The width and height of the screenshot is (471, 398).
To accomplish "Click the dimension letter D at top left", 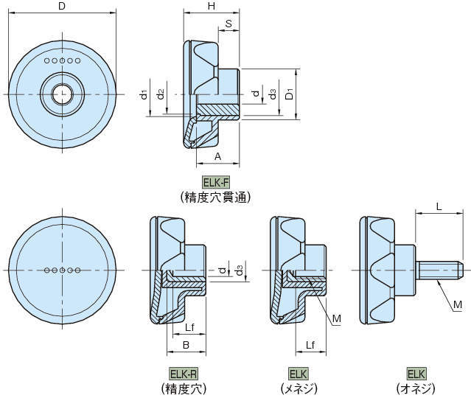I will pyautogui.click(x=62, y=7).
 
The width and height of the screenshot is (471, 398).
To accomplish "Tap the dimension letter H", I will pyautogui.click(x=211, y=7).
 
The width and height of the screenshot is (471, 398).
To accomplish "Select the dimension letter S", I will pyautogui.click(x=230, y=24).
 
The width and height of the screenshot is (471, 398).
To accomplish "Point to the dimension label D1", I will pyautogui.click(x=290, y=95).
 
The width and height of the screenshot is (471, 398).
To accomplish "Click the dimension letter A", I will pyautogui.click(x=217, y=156).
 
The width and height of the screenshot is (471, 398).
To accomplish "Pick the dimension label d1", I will pyautogui.click(x=144, y=95).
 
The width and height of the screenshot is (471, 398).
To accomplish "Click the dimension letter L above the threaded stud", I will pyautogui.click(x=439, y=208).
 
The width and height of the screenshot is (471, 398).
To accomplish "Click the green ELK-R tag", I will pyautogui.click(x=183, y=373).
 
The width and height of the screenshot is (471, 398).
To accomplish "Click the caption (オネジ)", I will pyautogui.click(x=416, y=388).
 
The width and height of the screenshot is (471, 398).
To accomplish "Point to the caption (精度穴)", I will pyautogui.click(x=183, y=388).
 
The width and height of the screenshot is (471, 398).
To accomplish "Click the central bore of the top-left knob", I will pyautogui.click(x=62, y=94).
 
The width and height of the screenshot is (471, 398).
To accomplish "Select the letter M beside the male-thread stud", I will pyautogui.click(x=457, y=304).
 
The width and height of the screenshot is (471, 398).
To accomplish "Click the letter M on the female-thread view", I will pyautogui.click(x=336, y=318).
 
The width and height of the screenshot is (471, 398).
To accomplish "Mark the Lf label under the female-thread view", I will pyautogui.click(x=310, y=343).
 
